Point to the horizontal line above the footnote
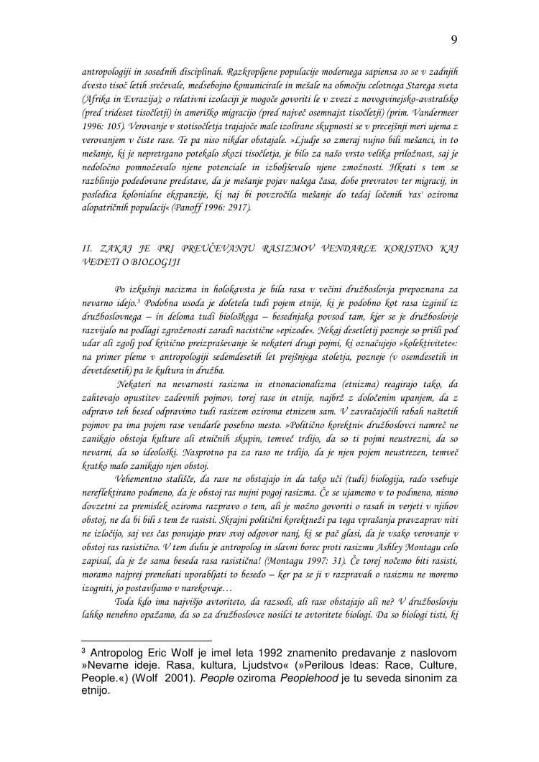point(147,638)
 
